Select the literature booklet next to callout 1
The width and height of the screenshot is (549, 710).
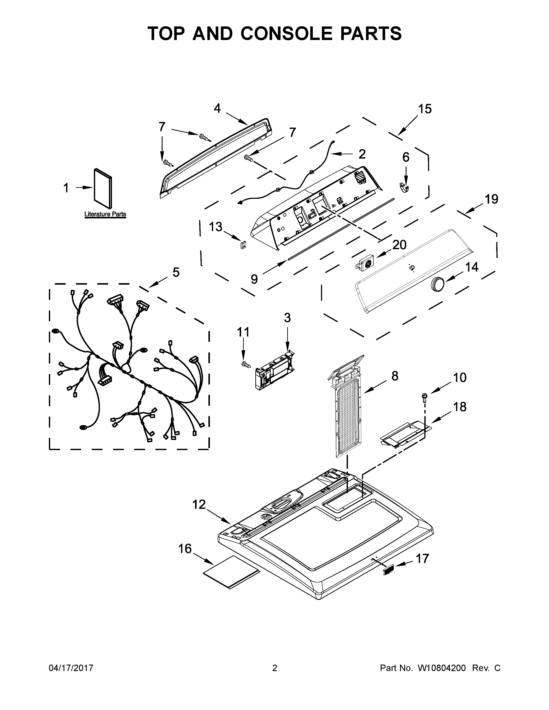(x=103, y=188)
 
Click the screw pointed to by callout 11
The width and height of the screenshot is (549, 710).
(x=246, y=364)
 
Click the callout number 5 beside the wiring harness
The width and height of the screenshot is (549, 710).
(x=176, y=272)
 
